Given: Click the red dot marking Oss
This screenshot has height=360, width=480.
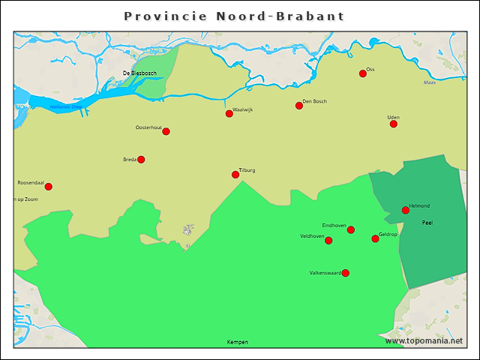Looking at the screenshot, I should [x=363, y=73].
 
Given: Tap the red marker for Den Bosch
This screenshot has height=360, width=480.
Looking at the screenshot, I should [x=299, y=106].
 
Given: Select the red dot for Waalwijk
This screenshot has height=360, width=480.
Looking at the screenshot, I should [x=229, y=114].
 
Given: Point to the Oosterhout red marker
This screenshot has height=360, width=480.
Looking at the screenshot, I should [x=166, y=131].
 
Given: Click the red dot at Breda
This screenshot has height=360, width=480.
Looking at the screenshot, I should [x=141, y=159].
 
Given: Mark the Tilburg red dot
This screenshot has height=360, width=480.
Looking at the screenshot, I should [x=235, y=175].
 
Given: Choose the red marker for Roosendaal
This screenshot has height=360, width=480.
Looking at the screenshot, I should [x=49, y=187].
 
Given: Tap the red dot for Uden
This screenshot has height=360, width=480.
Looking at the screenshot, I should [x=394, y=124].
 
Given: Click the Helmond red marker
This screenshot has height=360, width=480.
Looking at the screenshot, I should [x=406, y=210].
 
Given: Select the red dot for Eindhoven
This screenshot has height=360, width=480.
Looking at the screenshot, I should [x=351, y=229].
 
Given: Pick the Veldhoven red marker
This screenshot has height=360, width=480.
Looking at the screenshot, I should [x=328, y=241].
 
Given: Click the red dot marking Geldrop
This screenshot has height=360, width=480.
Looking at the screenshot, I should [x=376, y=238].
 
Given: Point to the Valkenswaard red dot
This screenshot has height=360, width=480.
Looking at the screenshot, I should [x=346, y=273].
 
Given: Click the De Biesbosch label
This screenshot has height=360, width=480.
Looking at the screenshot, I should [x=139, y=73].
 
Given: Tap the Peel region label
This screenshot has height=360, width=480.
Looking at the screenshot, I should [x=427, y=223].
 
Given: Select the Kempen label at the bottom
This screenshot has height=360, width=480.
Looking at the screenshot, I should [x=237, y=342].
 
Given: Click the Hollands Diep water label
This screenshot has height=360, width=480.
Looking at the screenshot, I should [x=65, y=107].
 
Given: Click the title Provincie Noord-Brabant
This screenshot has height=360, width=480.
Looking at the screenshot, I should [x=235, y=16].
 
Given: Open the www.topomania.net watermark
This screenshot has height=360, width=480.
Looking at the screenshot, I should [x=424, y=340].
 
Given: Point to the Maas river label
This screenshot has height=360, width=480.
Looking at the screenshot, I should [x=430, y=82].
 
